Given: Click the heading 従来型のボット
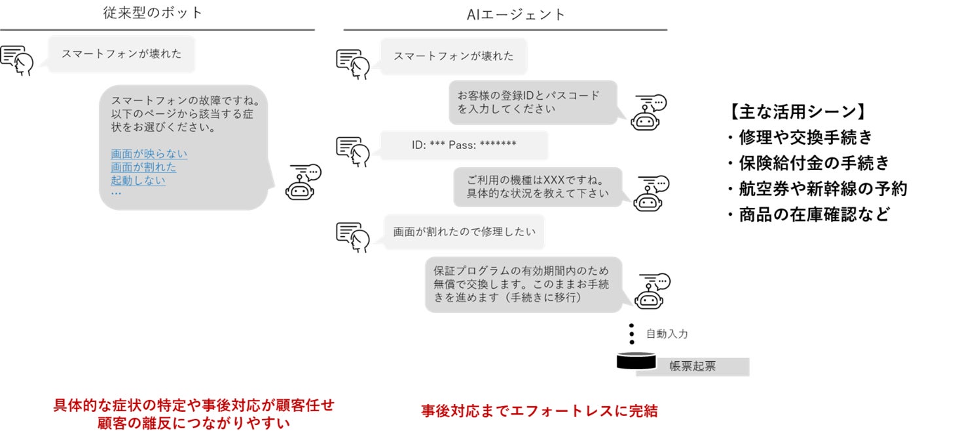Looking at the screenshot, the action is [153, 12].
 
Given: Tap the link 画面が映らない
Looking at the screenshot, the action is [149, 154].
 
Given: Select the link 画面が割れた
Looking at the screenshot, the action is [143, 167].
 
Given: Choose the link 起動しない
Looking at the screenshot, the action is [138, 180].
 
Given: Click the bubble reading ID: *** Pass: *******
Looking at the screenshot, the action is [464, 145].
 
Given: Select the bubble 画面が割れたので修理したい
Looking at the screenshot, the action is [464, 231].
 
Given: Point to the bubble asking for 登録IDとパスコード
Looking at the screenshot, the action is [533, 102].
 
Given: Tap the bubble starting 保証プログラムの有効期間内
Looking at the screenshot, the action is [523, 284].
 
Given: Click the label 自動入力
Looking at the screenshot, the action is [667, 334].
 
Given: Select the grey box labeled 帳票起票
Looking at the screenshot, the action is [692, 367].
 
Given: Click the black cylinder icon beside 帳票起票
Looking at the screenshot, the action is [636, 361].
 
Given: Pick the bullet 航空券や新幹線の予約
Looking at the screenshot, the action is [817, 189].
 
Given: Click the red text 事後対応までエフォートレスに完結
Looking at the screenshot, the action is [539, 412].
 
